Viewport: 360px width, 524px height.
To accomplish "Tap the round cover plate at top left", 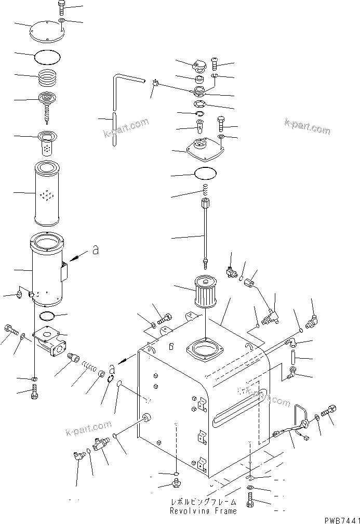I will pyautogui.click(x=47, y=31).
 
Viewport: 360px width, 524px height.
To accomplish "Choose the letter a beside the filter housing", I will pyautogui.click(x=95, y=251).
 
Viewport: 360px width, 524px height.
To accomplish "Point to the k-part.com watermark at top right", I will pyautogui.click(x=307, y=126).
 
